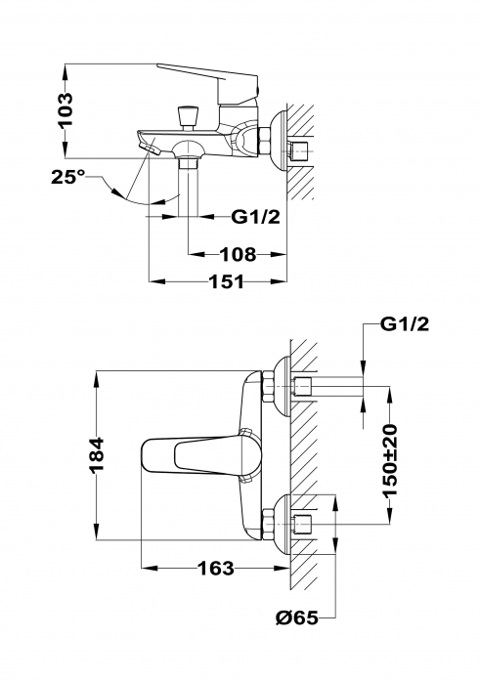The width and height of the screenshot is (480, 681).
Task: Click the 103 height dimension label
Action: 66,109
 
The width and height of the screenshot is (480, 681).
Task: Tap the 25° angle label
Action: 67,177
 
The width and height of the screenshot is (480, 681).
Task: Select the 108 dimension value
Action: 239,254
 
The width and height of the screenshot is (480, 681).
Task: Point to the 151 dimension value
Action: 227,281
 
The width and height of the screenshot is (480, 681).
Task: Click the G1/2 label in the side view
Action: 255,216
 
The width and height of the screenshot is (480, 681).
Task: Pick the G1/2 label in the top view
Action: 405,324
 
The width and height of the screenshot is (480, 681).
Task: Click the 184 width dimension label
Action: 97,454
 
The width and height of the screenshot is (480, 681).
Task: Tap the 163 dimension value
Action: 215,568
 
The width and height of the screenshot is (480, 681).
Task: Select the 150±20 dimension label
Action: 390,460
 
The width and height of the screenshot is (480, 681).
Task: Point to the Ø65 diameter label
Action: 297,617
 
